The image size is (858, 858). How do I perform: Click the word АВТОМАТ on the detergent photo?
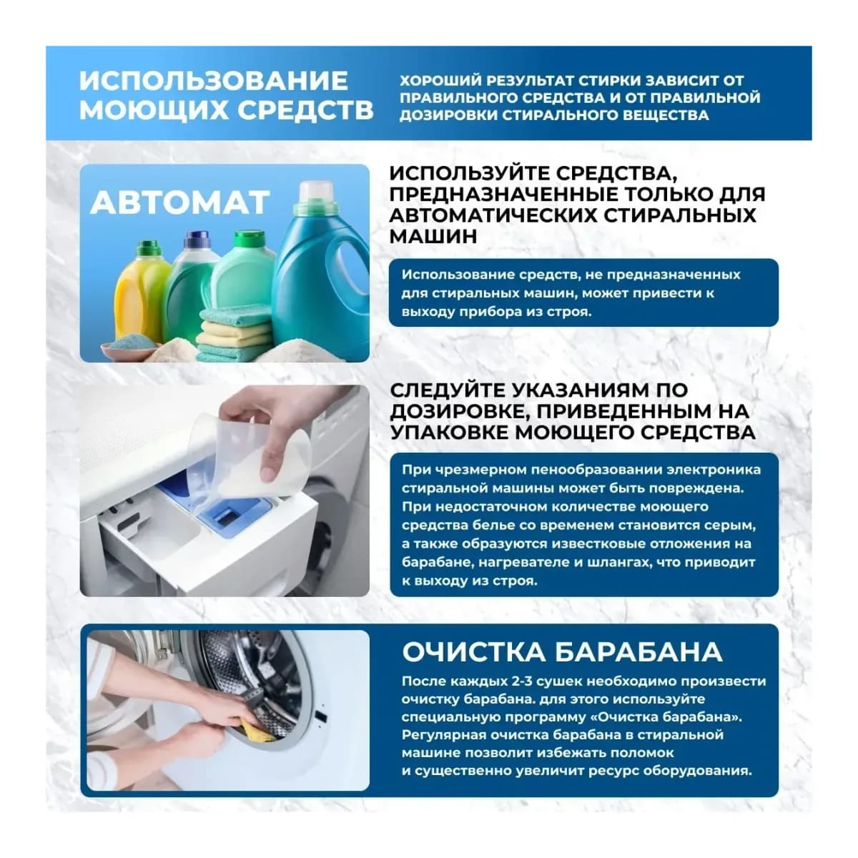point(180,202)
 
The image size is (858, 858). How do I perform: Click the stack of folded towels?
point(234,334)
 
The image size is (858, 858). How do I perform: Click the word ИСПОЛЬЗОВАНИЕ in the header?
point(214,81)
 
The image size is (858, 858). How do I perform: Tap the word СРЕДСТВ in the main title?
point(305,110)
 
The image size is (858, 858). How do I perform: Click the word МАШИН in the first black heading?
point(433,237)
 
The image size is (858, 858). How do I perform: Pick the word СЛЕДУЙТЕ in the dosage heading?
point(447,390)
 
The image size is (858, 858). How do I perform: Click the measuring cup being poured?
point(254,458)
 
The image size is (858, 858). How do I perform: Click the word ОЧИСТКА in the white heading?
point(474,652)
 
